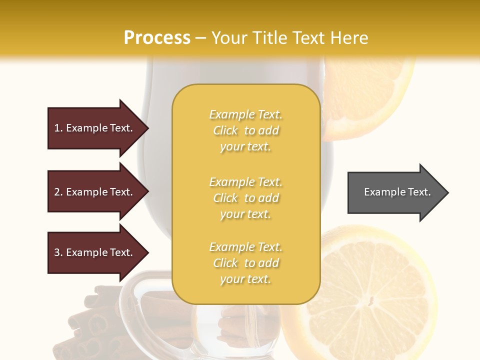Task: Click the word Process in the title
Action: coord(157,38)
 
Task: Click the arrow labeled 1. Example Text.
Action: coord(95,128)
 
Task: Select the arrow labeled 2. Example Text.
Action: coord(95,192)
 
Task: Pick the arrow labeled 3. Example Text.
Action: coord(95,252)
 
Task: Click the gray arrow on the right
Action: coord(395,192)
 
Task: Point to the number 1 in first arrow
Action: coord(57,128)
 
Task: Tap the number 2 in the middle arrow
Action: coord(57,192)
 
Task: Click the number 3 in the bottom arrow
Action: coord(57,252)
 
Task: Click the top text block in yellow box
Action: coord(245,130)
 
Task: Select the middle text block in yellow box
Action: coord(245,198)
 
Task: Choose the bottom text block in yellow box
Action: coord(245,263)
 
